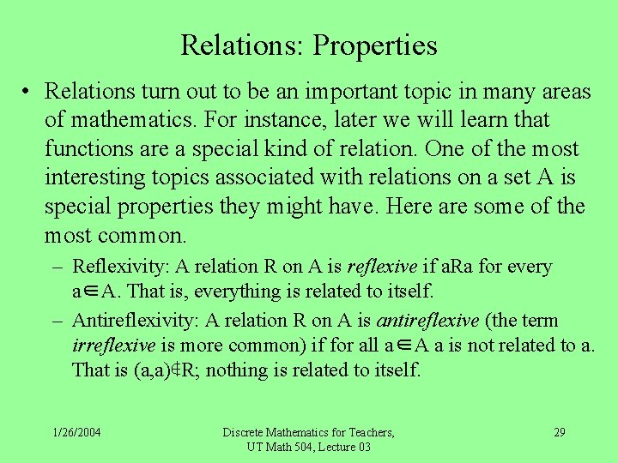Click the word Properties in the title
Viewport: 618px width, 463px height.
tap(375, 45)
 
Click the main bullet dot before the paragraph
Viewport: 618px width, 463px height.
tap(28, 92)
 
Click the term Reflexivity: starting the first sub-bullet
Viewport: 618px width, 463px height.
tap(120, 267)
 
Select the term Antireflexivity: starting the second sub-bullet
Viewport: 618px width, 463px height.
tap(135, 321)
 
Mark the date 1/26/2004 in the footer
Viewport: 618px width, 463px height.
tap(76, 431)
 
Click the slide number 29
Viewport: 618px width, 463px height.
tap(559, 431)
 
